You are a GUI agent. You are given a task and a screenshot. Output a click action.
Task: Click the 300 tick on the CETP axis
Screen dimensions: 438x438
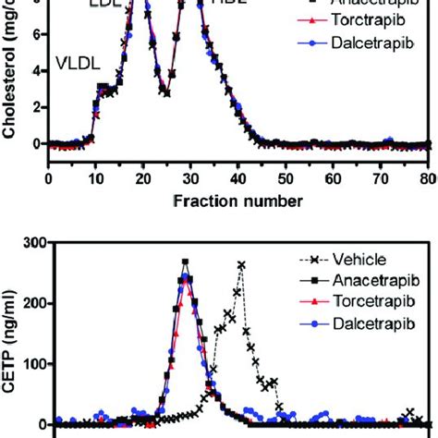click(35, 243)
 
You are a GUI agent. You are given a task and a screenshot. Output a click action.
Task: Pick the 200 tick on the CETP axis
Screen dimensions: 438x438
click(35, 303)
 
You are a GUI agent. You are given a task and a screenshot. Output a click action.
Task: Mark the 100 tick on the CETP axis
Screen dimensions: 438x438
click(35, 363)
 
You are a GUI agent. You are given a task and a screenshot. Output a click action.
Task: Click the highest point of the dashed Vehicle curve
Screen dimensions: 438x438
click(241, 264)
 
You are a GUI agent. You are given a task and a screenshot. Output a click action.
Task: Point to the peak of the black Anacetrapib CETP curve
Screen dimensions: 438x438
click(185, 262)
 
